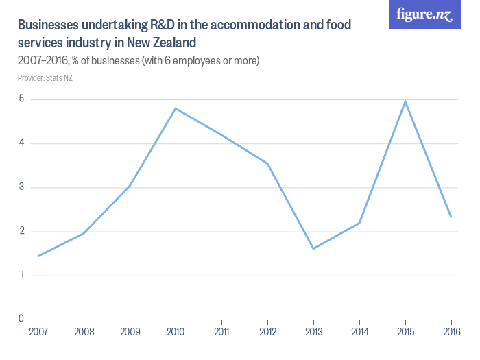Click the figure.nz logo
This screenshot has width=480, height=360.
pyautogui.click(x=424, y=15)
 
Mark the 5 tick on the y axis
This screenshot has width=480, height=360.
pyautogui.click(x=21, y=99)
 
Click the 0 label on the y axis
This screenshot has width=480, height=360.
pyautogui.click(x=21, y=319)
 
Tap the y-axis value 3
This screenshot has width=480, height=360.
pyautogui.click(x=21, y=187)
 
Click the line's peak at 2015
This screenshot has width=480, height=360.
pyautogui.click(x=405, y=101)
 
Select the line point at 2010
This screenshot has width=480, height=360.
pyautogui.click(x=176, y=108)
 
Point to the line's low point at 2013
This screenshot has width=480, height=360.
pyautogui.click(x=313, y=248)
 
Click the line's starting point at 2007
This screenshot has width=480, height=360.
pyautogui.click(x=38, y=256)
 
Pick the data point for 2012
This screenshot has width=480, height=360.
pyautogui.click(x=267, y=163)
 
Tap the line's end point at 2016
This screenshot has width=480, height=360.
pyautogui.click(x=451, y=217)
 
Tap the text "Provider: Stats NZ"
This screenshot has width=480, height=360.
pyautogui.click(x=45, y=77)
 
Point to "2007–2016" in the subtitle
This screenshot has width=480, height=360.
pyautogui.click(x=40, y=61)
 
